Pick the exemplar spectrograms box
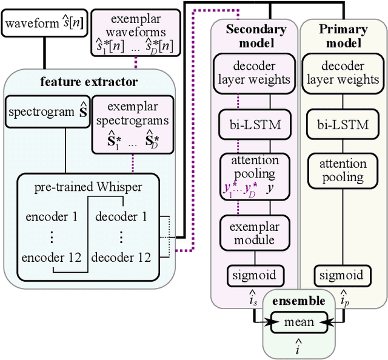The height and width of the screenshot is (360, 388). click(132, 126)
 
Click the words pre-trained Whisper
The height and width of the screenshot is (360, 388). click(88, 187)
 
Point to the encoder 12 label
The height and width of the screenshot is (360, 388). click(52, 257)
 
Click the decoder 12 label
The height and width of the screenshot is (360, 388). click(121, 257)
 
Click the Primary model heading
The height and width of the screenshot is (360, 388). click(343, 35)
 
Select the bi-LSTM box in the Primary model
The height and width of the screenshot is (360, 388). click(343, 125)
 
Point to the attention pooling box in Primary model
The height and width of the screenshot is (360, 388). click(343, 170)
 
